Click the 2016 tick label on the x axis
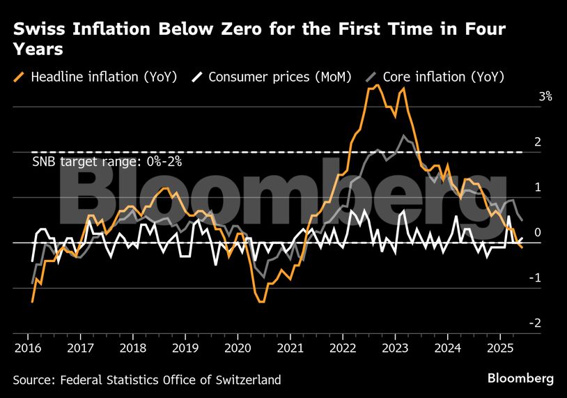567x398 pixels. tap(29, 346)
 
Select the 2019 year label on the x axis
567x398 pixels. tap(185, 346)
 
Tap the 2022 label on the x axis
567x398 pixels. tap(343, 346)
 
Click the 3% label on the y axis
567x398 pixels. tap(545, 98)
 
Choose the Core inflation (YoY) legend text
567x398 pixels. tap(444, 77)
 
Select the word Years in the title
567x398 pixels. tap(38, 49)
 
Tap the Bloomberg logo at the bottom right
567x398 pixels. tap(520, 378)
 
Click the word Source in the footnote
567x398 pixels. tap(33, 380)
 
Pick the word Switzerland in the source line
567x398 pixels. tap(247, 380)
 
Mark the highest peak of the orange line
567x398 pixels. tap(377, 86)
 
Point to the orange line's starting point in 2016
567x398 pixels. tap(32, 301)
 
